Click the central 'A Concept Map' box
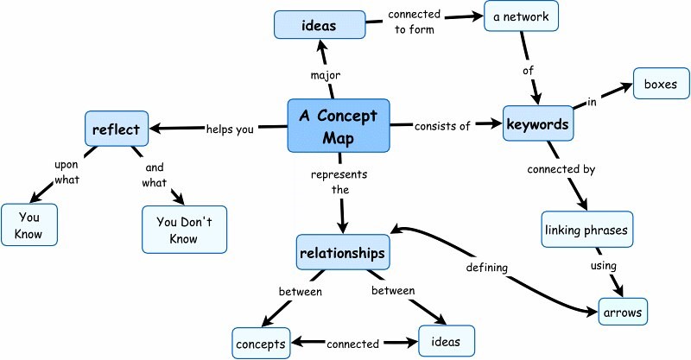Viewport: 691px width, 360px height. [x=338, y=125]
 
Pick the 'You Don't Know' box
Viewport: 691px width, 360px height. [x=184, y=229]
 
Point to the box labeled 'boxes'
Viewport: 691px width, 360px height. [x=662, y=85]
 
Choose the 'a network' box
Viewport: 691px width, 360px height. [x=521, y=17]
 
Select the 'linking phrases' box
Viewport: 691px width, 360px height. [x=586, y=230]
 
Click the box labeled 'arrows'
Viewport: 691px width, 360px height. [x=623, y=311]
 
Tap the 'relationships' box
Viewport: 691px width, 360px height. [x=342, y=253]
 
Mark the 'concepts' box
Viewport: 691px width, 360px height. [x=260, y=343]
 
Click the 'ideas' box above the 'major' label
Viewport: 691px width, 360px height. [x=317, y=24]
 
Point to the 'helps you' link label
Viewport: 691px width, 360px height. [x=230, y=129]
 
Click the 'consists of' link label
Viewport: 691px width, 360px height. [x=442, y=126]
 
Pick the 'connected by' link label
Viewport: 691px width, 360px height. [x=561, y=170]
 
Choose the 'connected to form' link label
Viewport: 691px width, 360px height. [x=416, y=23]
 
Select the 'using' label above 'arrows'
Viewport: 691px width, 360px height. [x=604, y=266]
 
